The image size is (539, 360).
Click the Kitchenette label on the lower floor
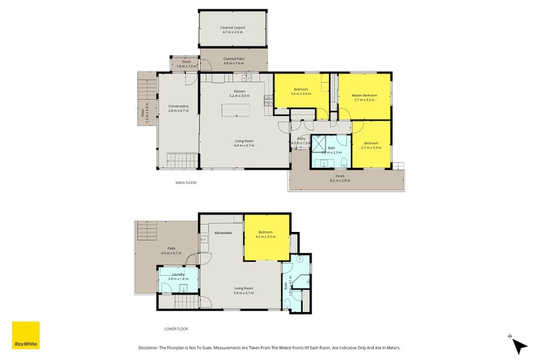(x=224, y=233)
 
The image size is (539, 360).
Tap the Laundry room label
(x=178, y=276)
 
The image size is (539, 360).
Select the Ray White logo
(x=26, y=335)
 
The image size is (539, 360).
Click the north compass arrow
(x=518, y=345)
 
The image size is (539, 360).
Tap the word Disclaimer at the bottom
(x=152, y=348)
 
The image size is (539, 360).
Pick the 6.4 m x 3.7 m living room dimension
(x=243, y=146)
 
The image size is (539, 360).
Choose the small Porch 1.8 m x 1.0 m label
(x=187, y=64)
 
